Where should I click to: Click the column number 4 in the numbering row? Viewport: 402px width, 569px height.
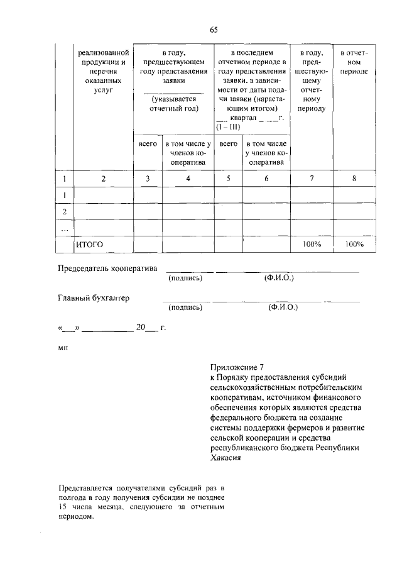[188, 179]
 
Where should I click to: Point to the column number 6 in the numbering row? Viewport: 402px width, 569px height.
[266, 179]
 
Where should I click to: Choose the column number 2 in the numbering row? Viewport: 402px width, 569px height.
[104, 179]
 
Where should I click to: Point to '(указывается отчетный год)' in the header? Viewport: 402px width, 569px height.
[174, 104]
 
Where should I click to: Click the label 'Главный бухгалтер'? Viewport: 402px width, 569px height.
[94, 298]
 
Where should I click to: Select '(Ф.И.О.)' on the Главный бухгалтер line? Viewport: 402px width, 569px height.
[282, 307]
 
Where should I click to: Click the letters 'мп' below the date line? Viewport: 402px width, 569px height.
[63, 346]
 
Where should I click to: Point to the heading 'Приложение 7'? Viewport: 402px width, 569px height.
[233, 366]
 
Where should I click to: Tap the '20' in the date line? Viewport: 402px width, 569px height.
[140, 327]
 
